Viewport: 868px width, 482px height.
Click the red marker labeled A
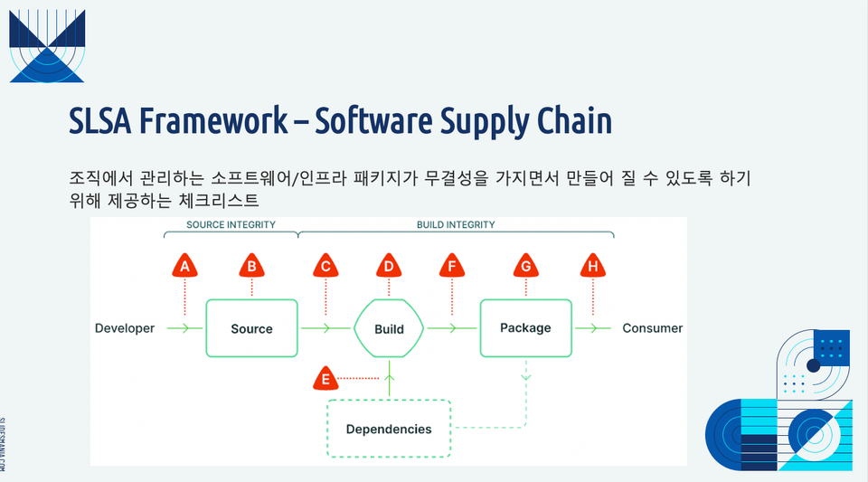tap(185, 266)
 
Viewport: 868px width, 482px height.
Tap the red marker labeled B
tap(251, 266)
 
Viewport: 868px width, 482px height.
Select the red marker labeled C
tap(325, 266)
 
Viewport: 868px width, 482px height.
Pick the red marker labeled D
tap(389, 266)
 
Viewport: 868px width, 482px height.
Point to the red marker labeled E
tap(325, 380)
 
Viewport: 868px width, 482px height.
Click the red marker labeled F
tap(452, 266)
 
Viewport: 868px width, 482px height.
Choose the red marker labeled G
tap(525, 266)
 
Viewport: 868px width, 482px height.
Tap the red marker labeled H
tap(592, 266)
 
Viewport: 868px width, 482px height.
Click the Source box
tap(251, 328)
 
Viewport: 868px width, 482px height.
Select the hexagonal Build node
tap(389, 329)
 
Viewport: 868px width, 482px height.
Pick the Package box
tap(525, 327)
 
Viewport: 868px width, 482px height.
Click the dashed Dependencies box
tap(388, 429)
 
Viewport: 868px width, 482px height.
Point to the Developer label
tap(125, 328)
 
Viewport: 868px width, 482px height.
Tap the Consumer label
tap(653, 328)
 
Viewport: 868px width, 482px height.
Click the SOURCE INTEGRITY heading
tap(231, 224)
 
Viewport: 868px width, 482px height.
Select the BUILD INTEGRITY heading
tap(456, 224)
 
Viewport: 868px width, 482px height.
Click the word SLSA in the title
tap(102, 122)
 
